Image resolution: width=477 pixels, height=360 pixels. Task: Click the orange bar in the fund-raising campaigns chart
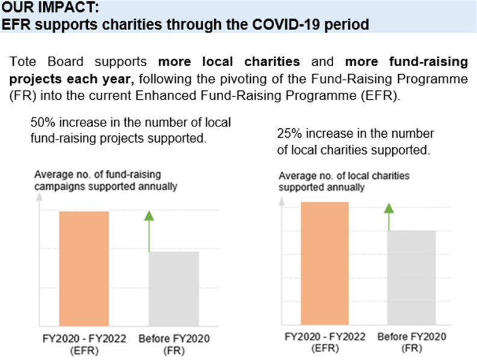point(84,268)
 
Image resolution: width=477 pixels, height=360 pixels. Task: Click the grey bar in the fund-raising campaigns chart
point(174,289)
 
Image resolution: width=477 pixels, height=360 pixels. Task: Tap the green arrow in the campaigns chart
point(149,232)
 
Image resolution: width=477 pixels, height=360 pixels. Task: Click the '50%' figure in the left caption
point(42,123)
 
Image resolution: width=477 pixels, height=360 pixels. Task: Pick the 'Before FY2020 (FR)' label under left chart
point(174,343)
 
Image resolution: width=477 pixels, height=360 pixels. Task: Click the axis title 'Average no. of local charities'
point(343,181)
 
